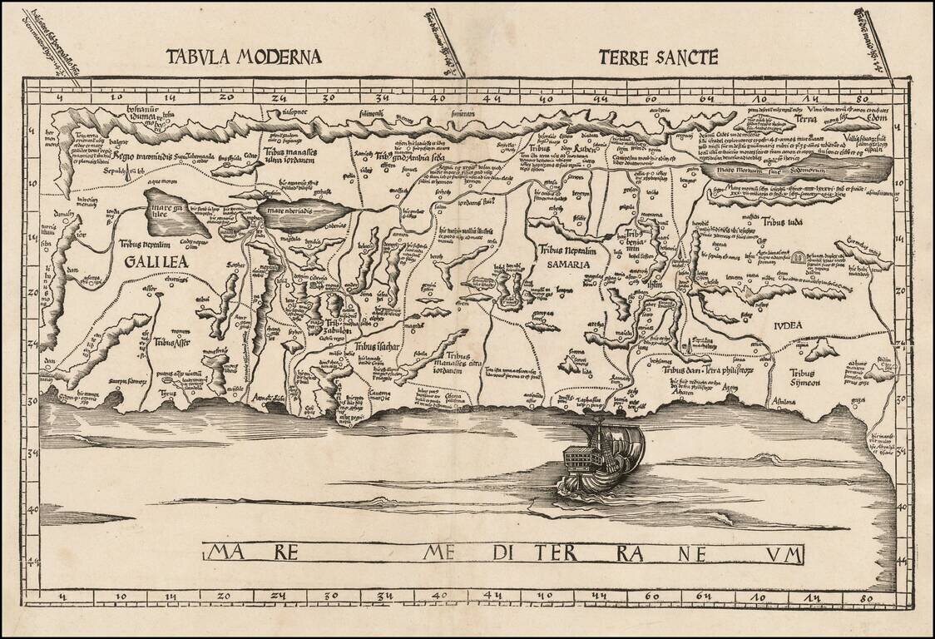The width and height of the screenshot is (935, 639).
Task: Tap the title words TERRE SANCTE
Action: tap(657, 57)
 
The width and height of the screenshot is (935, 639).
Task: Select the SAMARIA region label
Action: tap(568, 264)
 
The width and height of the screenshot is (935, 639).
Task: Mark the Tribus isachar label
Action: tap(378, 346)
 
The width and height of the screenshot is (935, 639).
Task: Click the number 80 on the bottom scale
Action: tap(867, 597)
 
